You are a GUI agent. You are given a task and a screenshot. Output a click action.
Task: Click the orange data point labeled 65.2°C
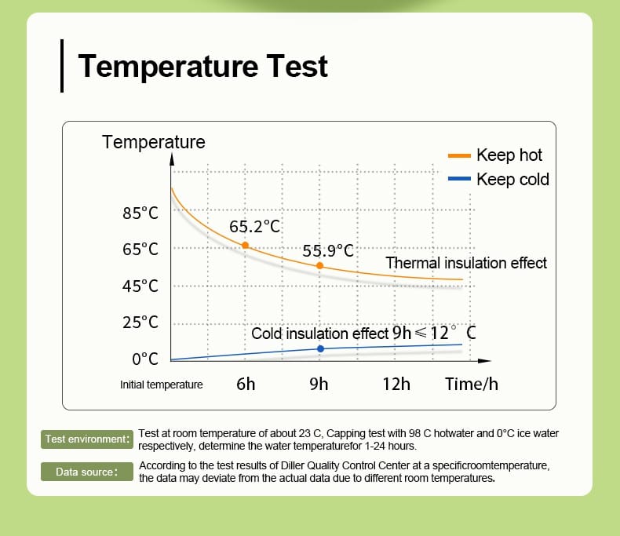tap(245, 246)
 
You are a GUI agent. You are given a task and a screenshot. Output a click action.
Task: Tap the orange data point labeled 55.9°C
tap(319, 265)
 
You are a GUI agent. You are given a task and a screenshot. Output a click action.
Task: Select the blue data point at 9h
tap(320, 348)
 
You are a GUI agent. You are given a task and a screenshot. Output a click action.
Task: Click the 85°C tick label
tap(140, 213)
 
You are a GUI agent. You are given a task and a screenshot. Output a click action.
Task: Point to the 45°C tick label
tap(140, 286)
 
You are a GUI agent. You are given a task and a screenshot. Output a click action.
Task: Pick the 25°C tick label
tap(140, 323)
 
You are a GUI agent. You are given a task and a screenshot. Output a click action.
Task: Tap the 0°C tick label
tap(145, 359)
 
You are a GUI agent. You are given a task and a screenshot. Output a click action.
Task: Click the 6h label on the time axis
tap(246, 384)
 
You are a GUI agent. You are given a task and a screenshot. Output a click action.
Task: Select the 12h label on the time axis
tap(396, 384)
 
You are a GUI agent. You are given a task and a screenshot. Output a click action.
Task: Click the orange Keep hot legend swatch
tap(459, 155)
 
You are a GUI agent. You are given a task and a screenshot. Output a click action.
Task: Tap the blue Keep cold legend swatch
tap(459, 179)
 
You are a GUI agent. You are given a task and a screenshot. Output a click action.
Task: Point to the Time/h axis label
tap(472, 384)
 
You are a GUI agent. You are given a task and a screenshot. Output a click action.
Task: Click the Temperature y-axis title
tap(153, 142)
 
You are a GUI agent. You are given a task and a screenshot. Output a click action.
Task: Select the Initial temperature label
tap(162, 385)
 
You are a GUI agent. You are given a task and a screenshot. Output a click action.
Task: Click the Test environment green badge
tap(87, 439)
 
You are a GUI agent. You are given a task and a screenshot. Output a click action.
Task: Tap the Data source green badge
tap(87, 472)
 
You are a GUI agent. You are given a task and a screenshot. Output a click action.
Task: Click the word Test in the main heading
tap(297, 66)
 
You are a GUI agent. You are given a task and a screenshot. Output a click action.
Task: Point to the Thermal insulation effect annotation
tap(466, 263)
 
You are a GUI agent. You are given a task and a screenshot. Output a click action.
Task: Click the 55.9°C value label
tap(328, 250)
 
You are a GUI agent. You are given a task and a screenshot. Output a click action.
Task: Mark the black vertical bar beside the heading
tap(62, 66)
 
